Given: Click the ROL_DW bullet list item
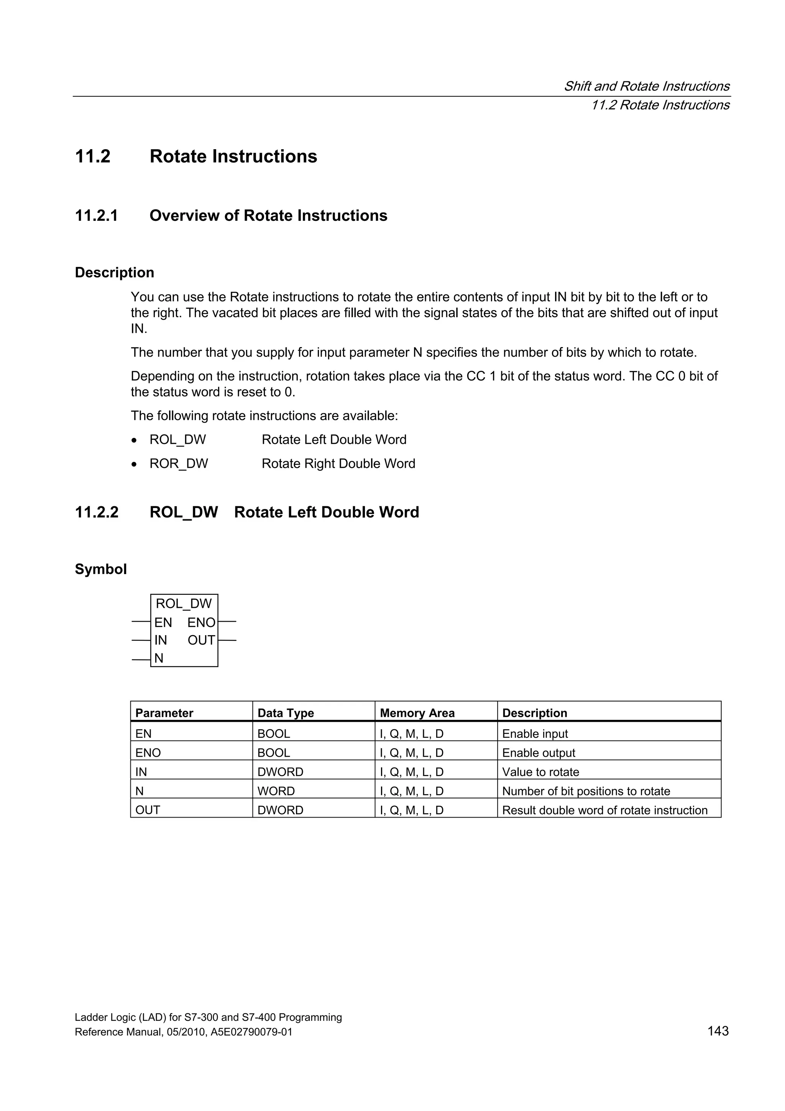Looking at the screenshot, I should tap(177, 439).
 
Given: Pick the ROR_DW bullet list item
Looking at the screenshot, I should tap(179, 464).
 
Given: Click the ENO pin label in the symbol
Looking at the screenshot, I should tap(201, 622).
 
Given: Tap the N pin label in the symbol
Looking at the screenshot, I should tap(159, 658).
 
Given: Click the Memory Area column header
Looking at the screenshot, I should tap(417, 713).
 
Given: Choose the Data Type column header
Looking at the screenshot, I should tap(285, 713).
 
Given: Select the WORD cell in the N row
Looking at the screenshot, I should tap(276, 791).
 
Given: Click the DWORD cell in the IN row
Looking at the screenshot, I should tap(280, 772).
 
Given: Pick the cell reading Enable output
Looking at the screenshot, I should tap(538, 753).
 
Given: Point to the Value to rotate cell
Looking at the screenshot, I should tap(540, 772).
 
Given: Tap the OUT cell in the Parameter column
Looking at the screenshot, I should tap(148, 810).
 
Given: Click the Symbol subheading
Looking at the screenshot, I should tap(100, 569).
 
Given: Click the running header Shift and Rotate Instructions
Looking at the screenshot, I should tap(646, 86).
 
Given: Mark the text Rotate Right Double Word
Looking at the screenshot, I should tap(338, 464).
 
